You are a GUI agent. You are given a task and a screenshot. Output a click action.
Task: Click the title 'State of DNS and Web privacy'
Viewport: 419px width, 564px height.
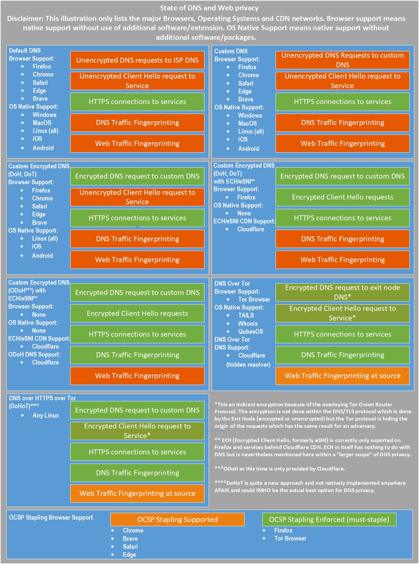pos(209,8)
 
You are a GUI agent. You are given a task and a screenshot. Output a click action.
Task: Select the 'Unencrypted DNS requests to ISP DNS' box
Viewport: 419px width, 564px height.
pos(137,60)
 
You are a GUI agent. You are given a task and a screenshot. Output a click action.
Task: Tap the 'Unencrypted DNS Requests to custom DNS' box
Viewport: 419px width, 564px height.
pos(342,60)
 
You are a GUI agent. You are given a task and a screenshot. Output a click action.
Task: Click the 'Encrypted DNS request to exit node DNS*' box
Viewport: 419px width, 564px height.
pos(342,292)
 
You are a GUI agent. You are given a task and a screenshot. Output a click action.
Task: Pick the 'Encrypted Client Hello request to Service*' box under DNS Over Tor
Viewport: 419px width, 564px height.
pos(342,313)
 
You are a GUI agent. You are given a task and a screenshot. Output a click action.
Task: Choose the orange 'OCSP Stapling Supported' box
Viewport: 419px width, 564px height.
pos(177,519)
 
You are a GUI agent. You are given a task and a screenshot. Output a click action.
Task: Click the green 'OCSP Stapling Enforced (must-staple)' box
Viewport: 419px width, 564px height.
pos(329,519)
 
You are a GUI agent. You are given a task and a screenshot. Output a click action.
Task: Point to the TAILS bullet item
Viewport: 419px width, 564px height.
pos(246,315)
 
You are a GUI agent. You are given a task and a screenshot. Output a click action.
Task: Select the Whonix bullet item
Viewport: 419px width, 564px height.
pos(248,323)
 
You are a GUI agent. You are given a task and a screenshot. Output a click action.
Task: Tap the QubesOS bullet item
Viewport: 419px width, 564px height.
pos(250,331)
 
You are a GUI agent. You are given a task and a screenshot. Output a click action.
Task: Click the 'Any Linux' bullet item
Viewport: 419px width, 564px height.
pos(45,415)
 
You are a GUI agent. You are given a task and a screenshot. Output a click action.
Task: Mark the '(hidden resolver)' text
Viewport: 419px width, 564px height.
pos(248,365)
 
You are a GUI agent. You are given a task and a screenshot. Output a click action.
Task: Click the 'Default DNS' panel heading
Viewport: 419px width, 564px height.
pos(25,51)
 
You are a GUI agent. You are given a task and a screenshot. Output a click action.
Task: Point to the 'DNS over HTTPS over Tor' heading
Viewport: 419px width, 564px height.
pos(42,398)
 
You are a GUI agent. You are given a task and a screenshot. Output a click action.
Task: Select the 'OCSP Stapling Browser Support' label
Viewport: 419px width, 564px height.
pos(51,517)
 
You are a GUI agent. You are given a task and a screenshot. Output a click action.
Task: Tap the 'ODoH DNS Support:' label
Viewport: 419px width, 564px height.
pos(34,354)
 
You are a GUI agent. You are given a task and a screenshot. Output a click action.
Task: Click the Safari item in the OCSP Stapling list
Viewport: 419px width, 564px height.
pos(130,546)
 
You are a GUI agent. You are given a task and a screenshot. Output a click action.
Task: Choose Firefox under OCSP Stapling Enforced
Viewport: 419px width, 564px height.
pos(283,530)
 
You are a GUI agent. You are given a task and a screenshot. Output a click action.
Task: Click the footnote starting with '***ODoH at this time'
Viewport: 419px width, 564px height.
pos(280,469)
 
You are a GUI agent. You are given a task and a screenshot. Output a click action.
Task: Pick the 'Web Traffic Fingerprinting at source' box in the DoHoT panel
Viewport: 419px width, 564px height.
pos(137,493)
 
